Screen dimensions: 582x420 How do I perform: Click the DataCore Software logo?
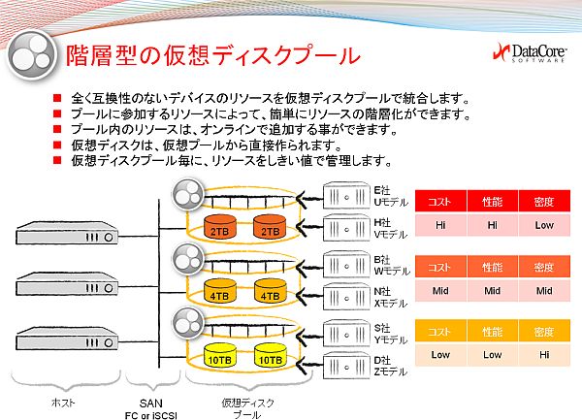530,53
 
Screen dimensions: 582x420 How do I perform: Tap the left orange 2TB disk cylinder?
220,226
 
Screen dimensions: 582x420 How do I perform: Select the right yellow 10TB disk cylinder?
271,355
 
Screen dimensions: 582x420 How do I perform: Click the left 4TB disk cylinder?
220,291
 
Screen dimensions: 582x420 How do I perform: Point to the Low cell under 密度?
544,225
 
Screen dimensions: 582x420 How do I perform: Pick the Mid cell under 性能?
492,291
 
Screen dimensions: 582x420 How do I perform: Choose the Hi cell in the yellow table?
544,355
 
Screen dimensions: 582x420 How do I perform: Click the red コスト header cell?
440,202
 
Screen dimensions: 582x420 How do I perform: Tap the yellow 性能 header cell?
492,332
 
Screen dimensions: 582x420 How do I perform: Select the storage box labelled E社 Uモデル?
346,196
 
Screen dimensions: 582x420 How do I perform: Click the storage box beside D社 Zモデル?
346,366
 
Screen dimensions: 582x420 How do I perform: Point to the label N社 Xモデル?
391,298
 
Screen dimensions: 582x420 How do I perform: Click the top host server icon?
67,233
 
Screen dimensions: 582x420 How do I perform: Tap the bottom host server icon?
67,339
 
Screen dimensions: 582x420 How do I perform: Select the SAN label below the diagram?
150,404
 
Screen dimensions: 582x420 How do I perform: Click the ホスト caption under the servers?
63,403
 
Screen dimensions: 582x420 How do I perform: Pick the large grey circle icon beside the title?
33,55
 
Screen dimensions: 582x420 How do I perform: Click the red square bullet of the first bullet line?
57,98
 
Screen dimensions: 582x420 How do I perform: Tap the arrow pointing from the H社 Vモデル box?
308,227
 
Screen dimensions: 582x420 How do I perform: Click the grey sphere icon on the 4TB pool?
188,259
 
